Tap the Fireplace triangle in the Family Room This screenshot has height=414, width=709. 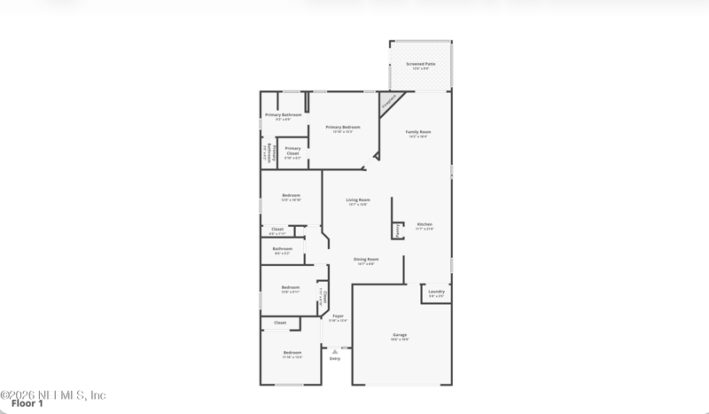pyautogui.click(x=388, y=101)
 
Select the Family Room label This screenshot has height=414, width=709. pyautogui.click(x=418, y=133)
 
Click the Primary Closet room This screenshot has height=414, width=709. pyautogui.click(x=292, y=152)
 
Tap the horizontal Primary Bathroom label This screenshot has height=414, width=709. pyautogui.click(x=284, y=115)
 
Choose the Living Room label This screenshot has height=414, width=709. pyautogui.click(x=357, y=201)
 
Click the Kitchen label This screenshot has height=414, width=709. pyautogui.click(x=424, y=225)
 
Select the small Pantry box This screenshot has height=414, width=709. pyautogui.click(x=398, y=230)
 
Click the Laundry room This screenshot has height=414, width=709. pyautogui.click(x=436, y=293)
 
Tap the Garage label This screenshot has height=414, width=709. pyautogui.click(x=400, y=336)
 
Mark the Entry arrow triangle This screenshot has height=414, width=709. pyautogui.click(x=335, y=351)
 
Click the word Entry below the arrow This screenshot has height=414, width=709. pyautogui.click(x=335, y=358)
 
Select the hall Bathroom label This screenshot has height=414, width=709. pyautogui.click(x=282, y=250)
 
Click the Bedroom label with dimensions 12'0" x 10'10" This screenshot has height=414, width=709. pyautogui.click(x=291, y=197)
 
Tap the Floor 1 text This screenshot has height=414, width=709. pyautogui.click(x=27, y=404)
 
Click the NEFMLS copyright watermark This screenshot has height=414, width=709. pyautogui.click(x=53, y=394)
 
